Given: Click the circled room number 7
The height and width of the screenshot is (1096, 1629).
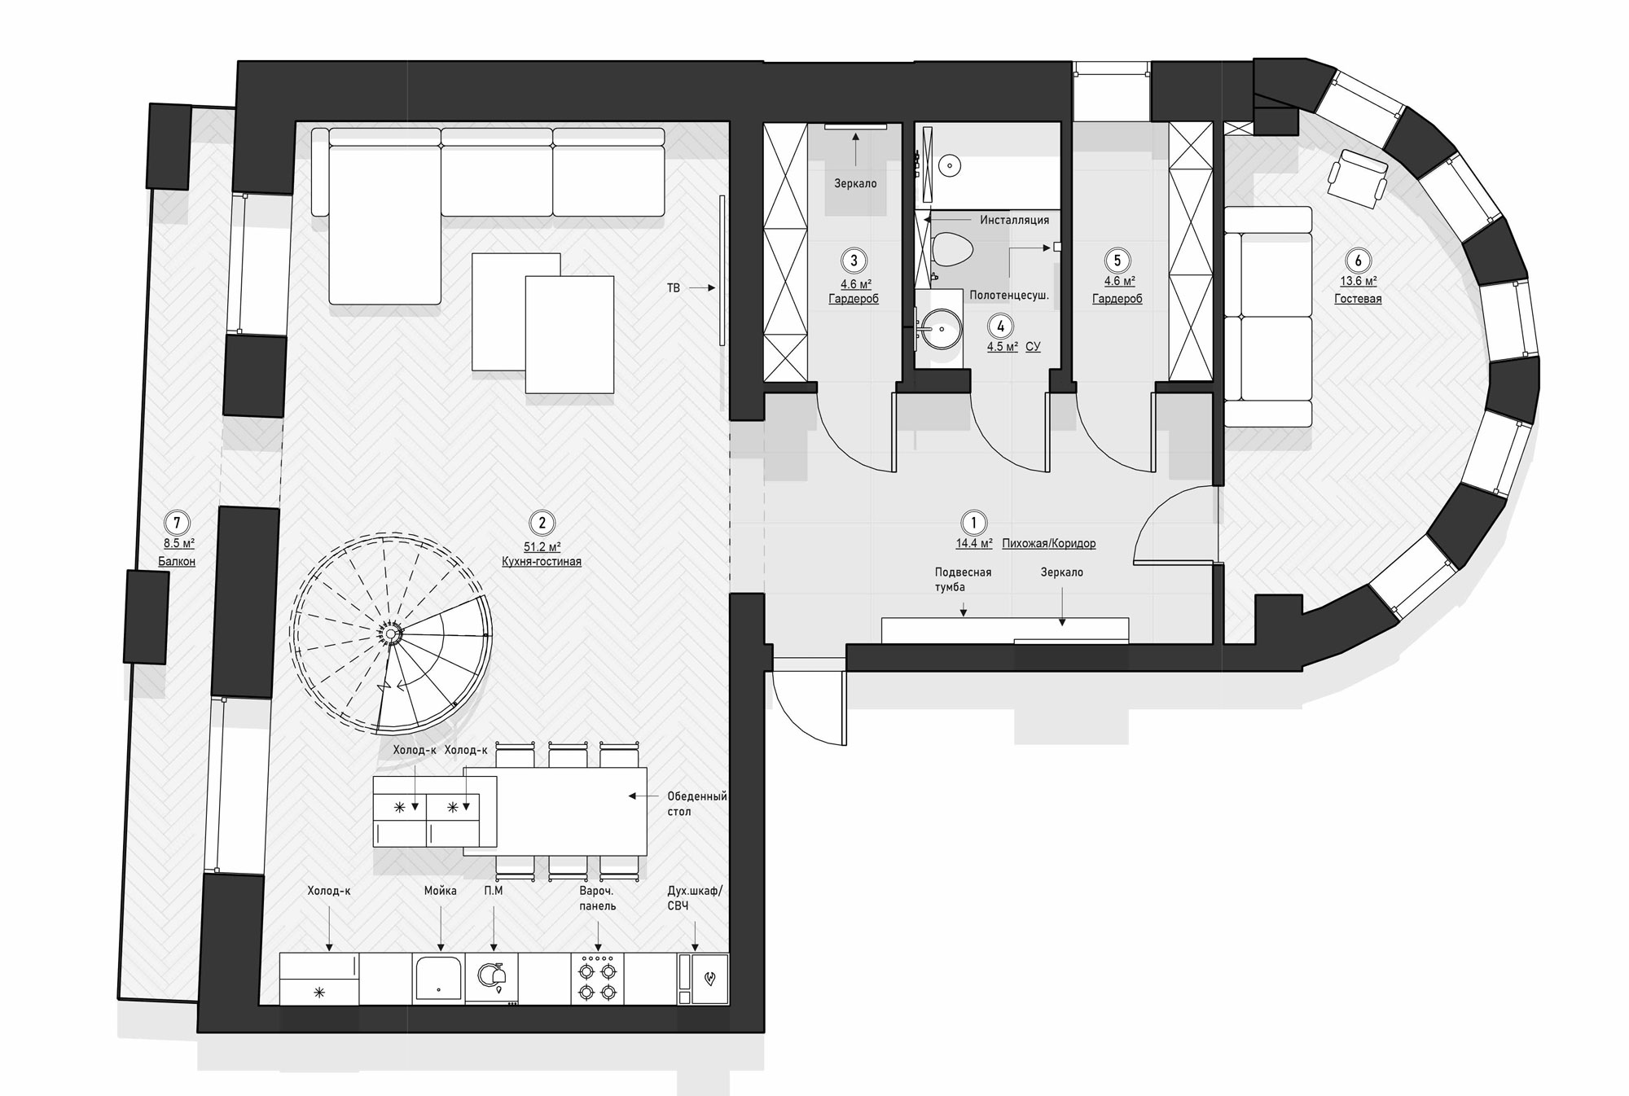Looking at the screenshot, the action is [177, 522].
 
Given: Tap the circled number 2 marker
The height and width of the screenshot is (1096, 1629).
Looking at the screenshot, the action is [542, 523].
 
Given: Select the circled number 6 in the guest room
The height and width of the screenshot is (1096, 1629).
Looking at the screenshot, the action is [1358, 261].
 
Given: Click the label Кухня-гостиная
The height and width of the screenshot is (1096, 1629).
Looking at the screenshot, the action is [542, 562].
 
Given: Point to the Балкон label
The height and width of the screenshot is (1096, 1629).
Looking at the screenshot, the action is [177, 561].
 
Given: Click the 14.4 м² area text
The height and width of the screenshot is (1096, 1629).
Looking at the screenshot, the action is [974, 543].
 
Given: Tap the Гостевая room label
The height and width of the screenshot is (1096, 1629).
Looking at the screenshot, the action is [1358, 299].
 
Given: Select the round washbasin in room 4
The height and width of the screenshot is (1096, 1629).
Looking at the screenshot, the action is [942, 329].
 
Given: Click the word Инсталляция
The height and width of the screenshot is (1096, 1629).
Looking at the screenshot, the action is [1014, 220].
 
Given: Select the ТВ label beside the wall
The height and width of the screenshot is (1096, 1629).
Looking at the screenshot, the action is [674, 288].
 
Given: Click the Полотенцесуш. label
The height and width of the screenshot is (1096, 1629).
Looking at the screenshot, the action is [1009, 296].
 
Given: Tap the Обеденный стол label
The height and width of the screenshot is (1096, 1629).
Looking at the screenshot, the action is [696, 804].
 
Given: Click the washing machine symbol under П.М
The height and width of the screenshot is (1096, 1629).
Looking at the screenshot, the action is [491, 976].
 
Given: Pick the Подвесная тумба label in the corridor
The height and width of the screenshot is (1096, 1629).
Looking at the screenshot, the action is [963, 579].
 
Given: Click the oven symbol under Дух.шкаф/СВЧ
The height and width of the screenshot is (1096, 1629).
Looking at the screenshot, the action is [710, 978].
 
